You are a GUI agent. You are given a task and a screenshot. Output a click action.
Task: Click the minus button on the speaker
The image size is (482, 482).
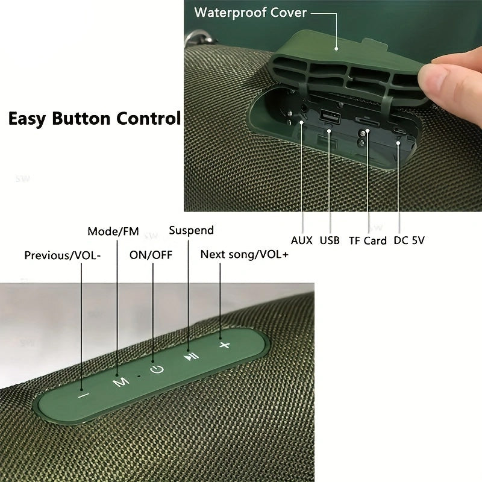click(x=83, y=395)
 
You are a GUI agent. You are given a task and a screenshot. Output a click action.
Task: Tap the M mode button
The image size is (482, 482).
click(x=121, y=381)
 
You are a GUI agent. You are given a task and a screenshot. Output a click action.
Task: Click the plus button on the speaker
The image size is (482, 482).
click(x=225, y=345)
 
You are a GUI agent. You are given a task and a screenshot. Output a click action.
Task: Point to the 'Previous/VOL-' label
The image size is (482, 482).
click(x=63, y=255)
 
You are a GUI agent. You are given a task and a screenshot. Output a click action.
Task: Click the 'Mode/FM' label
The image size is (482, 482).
click(x=113, y=231)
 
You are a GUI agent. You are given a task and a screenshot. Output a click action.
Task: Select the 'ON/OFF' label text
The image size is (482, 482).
click(x=151, y=255)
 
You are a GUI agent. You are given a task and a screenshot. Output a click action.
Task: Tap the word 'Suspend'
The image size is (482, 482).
click(x=191, y=230)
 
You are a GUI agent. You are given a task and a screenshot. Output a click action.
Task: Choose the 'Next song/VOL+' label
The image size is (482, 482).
click(x=245, y=254)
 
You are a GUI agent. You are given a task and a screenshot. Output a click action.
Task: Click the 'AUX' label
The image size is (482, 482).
click(x=302, y=240)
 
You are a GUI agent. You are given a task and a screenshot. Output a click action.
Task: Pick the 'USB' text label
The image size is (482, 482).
click(x=330, y=240)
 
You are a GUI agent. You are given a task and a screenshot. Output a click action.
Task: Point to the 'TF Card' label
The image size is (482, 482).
click(x=368, y=240)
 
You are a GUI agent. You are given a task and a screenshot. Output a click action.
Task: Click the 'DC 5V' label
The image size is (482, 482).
click(x=410, y=240)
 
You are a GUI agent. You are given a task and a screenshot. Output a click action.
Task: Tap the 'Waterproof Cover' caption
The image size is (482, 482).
click(x=251, y=13)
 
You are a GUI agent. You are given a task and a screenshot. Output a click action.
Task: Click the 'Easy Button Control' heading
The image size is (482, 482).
click(x=95, y=117)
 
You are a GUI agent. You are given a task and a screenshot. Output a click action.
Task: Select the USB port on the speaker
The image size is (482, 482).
click(x=330, y=116)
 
